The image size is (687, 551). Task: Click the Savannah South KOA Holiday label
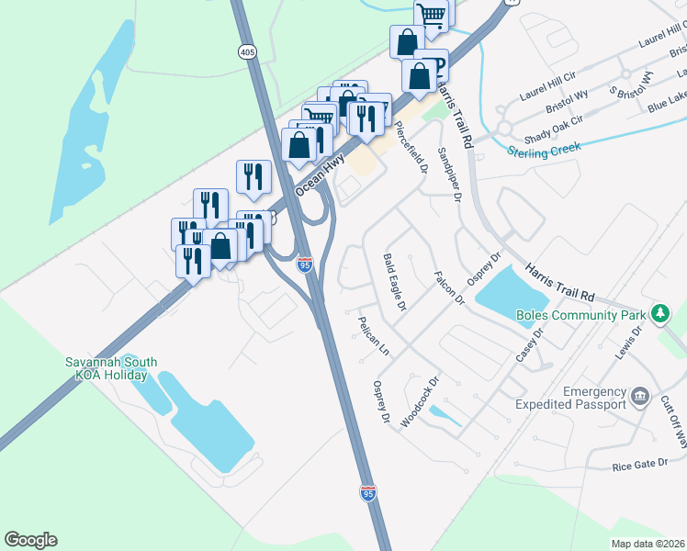coord(106,368)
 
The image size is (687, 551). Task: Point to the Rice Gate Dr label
coord(639,465)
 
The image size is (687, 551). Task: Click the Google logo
coord(30,540)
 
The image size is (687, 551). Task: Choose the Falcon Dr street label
coord(450,287)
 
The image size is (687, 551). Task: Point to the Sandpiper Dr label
coord(446,172)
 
